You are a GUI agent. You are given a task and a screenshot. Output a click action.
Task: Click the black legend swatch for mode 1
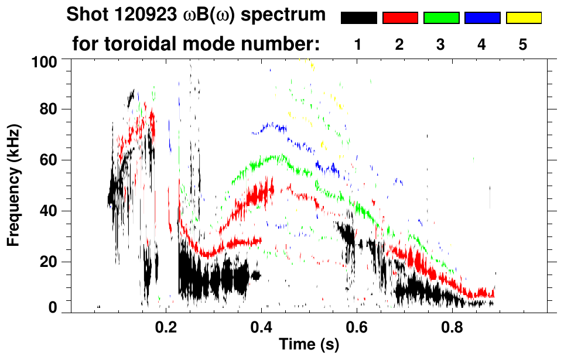[358, 18]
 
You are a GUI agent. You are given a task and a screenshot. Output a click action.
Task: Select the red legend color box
[400, 18]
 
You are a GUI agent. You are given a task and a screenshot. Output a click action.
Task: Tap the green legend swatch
[441, 18]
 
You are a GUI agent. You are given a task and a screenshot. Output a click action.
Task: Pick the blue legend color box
[482, 18]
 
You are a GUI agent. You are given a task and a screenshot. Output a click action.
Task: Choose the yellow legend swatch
[524, 18]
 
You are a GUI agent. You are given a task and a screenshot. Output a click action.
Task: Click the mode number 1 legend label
[358, 45]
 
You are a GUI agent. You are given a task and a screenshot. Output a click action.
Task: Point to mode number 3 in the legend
[441, 45]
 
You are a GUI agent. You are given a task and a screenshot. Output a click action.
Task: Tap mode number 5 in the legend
[524, 45]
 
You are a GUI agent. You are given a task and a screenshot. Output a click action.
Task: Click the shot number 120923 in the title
[132, 15]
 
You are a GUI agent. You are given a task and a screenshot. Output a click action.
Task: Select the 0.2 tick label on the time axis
[166, 325]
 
